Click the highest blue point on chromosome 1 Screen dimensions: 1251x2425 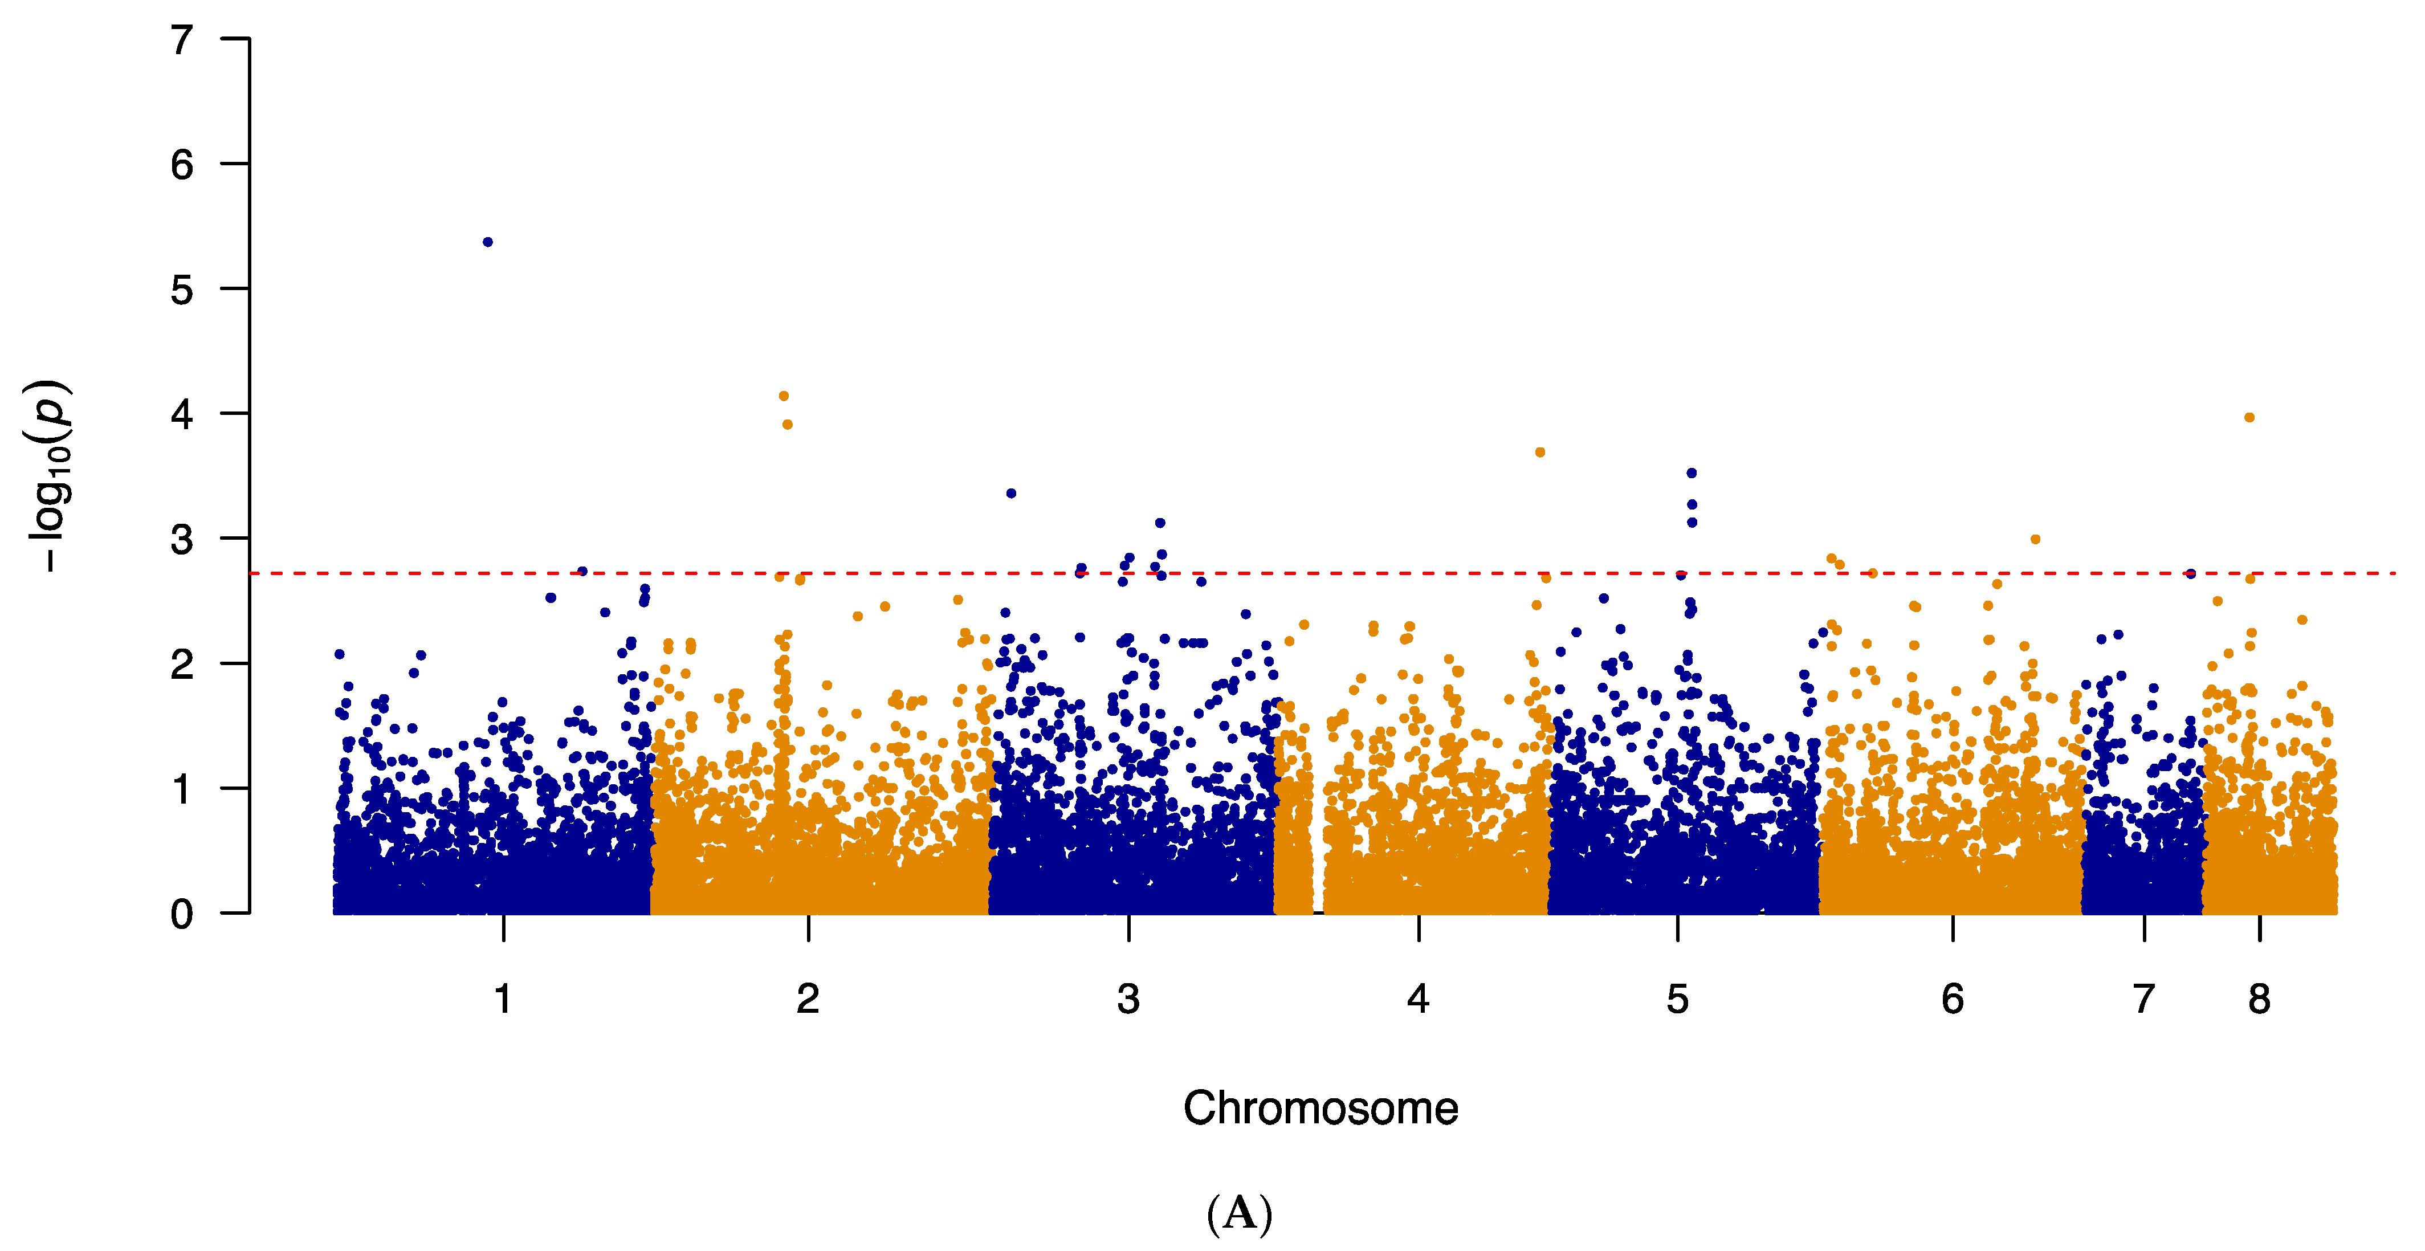(488, 242)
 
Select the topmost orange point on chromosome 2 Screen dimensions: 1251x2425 (783, 396)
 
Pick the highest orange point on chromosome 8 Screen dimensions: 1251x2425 (2249, 418)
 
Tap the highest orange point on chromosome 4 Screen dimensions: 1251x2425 (1540, 453)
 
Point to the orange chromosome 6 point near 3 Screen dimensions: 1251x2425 (2035, 539)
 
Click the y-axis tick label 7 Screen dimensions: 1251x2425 (182, 40)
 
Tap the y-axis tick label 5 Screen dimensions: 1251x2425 (182, 290)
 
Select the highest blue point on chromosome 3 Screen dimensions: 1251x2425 (1011, 493)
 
